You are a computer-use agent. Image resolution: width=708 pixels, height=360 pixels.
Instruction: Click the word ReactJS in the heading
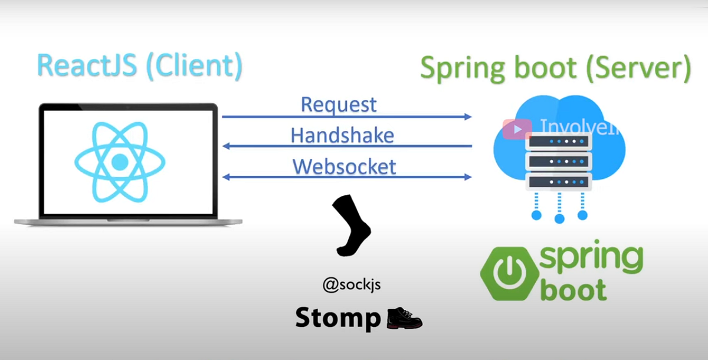pyautogui.click(x=87, y=65)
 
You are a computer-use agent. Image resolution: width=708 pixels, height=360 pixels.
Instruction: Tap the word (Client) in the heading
pyautogui.click(x=194, y=66)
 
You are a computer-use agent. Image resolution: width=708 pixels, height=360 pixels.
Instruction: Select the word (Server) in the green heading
pyautogui.click(x=638, y=68)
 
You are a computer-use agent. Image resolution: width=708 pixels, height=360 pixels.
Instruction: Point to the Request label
pyautogui.click(x=339, y=104)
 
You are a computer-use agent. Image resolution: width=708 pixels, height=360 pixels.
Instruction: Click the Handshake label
pyautogui.click(x=342, y=135)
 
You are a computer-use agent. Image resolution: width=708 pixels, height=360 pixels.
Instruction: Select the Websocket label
pyautogui.click(x=344, y=166)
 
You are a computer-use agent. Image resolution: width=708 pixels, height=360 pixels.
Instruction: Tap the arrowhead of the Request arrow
pyautogui.click(x=468, y=117)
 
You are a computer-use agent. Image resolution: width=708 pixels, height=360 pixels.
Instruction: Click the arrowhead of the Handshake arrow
pyautogui.click(x=226, y=146)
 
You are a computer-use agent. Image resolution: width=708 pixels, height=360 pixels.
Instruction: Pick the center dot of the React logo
pyautogui.click(x=120, y=162)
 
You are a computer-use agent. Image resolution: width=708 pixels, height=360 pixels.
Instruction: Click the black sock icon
pyautogui.click(x=352, y=225)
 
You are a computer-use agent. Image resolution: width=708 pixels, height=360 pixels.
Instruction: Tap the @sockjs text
pyautogui.click(x=352, y=285)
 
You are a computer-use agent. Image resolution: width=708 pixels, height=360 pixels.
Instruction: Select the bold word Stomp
pyautogui.click(x=338, y=318)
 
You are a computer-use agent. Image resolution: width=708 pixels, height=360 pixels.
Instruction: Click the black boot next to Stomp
pyautogui.click(x=405, y=318)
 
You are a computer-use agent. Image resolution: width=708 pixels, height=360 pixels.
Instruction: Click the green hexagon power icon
pyautogui.click(x=510, y=274)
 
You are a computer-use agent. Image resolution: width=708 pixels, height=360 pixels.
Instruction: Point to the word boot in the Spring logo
pyautogui.click(x=573, y=289)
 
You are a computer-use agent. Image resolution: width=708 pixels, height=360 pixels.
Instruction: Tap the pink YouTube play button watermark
pyautogui.click(x=517, y=129)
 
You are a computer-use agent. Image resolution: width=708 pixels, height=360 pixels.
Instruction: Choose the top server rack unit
pyautogui.click(x=559, y=141)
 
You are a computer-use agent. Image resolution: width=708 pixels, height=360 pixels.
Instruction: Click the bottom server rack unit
pyautogui.click(x=559, y=182)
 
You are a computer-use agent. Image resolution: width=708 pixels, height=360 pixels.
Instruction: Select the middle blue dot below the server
pyautogui.click(x=559, y=218)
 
